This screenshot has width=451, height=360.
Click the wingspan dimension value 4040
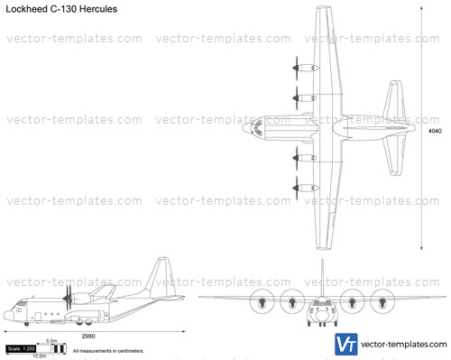tap(435, 130)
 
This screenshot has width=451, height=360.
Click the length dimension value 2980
tap(88, 336)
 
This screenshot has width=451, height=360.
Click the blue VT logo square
tap(345, 344)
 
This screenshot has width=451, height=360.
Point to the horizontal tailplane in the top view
tap(395, 130)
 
